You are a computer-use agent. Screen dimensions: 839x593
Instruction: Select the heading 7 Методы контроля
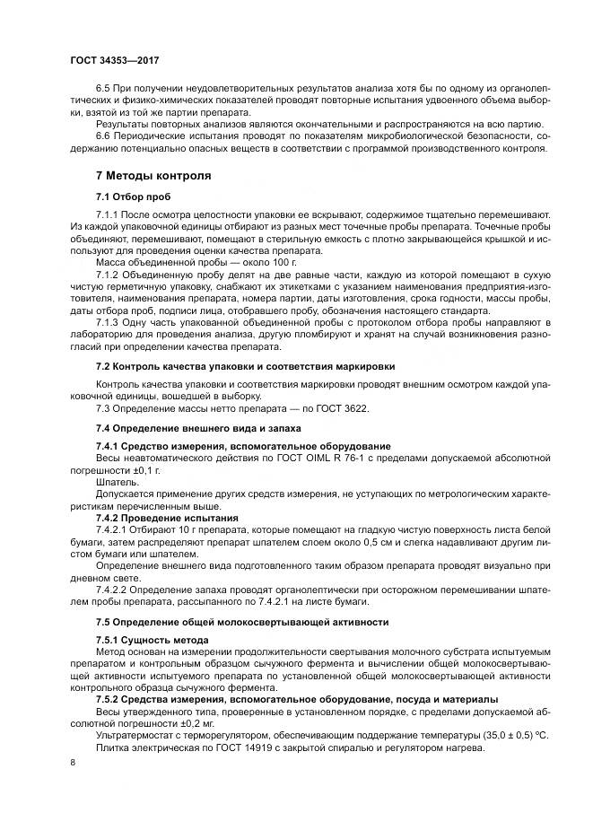[153, 175]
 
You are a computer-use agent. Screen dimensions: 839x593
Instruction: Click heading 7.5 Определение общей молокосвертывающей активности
[242, 621]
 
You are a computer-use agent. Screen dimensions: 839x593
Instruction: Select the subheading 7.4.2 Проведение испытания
[167, 518]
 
